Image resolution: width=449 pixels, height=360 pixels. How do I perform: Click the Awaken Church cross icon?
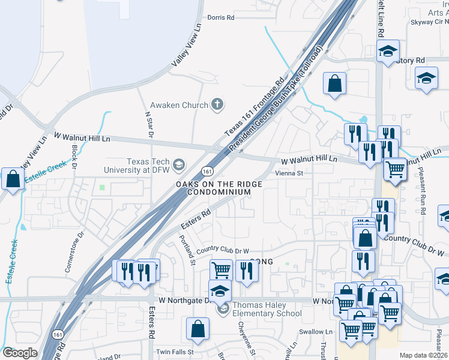[x=218, y=105]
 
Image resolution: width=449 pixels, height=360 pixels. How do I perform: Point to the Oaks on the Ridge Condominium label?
[x=218, y=188]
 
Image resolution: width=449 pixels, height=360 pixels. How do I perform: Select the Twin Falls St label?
[x=175, y=352]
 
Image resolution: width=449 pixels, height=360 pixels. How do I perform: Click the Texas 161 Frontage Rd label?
[x=254, y=107]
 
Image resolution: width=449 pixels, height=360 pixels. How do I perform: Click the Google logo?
[x=20, y=353]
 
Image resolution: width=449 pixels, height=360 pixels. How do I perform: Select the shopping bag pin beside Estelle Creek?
[x=13, y=179]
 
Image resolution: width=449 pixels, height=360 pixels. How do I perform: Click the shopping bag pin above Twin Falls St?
[x=197, y=329]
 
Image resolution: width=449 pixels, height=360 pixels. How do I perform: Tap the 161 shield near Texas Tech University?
[x=207, y=170]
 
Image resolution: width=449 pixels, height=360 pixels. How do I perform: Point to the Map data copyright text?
[x=423, y=355]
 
